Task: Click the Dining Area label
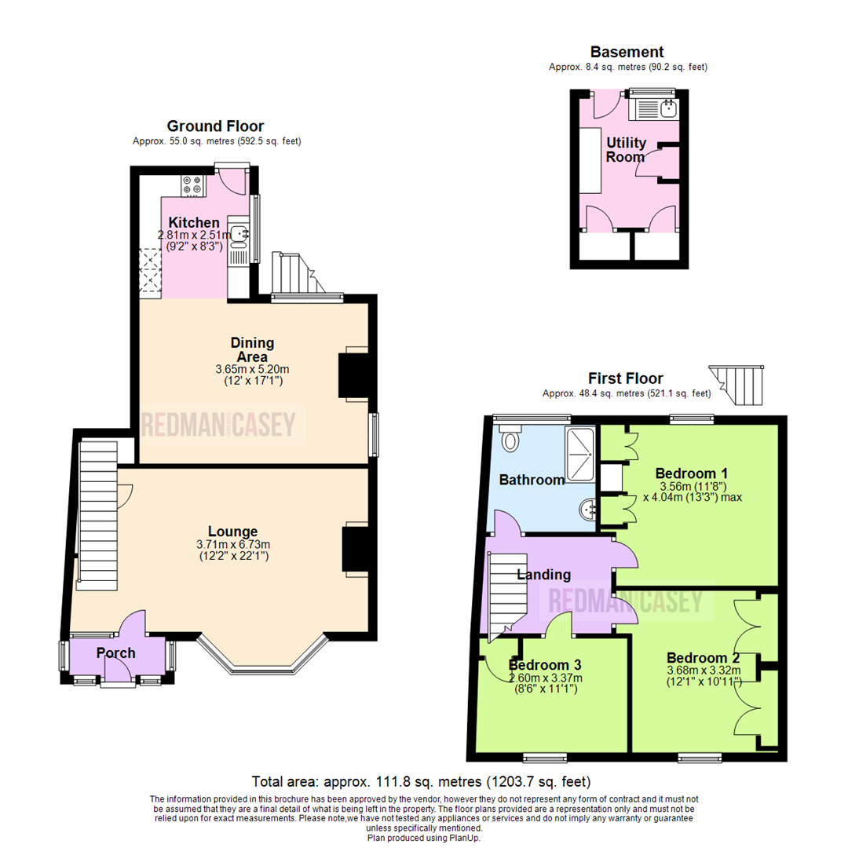(252, 349)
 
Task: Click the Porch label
(115, 652)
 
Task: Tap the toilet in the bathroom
(510, 440)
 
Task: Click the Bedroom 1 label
(692, 473)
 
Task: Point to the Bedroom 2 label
(703, 658)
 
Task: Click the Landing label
(543, 576)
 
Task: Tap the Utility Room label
(627, 149)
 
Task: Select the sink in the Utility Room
(668, 108)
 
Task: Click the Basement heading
(627, 53)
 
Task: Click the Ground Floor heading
(215, 126)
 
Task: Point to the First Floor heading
(626, 378)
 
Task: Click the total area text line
(421, 782)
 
